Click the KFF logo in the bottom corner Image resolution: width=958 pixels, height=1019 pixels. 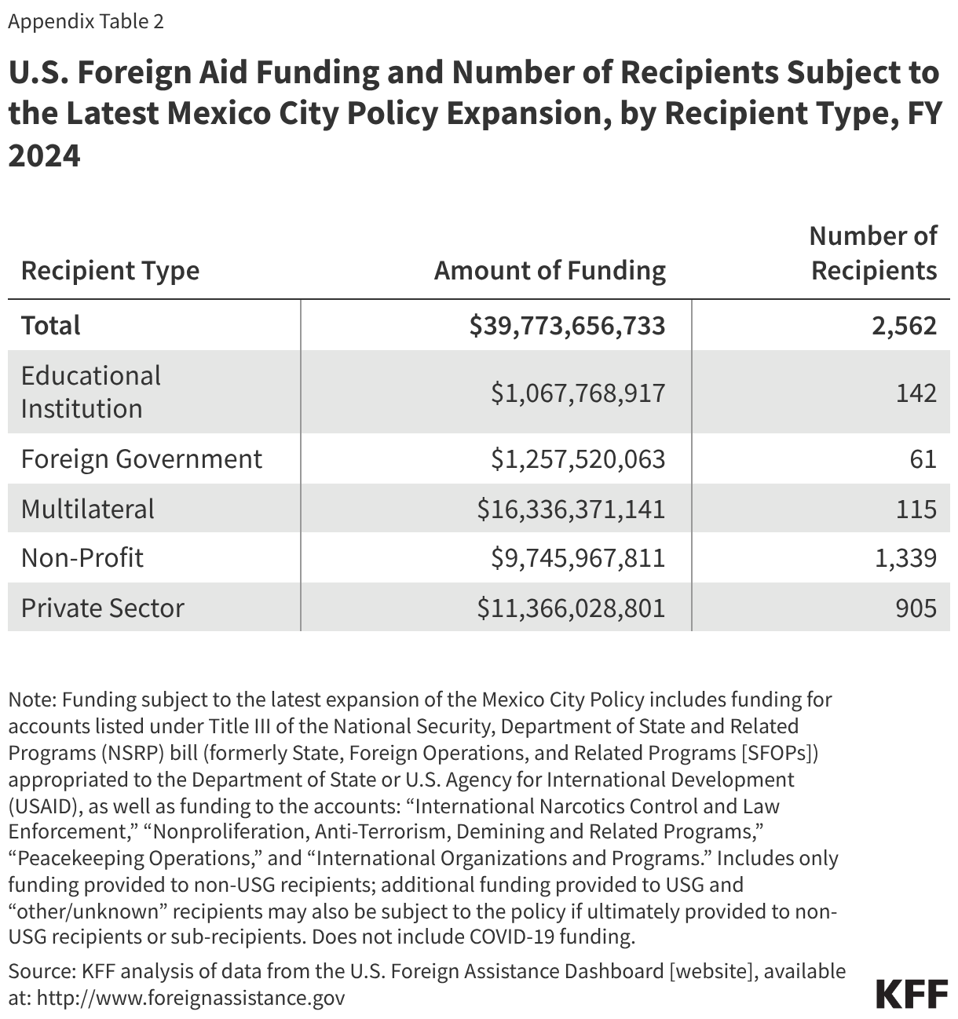pos(912,994)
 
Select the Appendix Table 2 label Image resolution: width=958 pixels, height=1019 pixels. pos(86,21)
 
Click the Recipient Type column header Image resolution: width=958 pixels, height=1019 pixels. pos(110,271)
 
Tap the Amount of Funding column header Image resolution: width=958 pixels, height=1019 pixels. pos(550,271)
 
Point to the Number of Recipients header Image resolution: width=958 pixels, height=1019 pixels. pos(873,253)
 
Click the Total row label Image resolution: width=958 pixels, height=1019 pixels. pos(51,325)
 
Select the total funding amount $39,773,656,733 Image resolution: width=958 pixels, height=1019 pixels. pos(567,325)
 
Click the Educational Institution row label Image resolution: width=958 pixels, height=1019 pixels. pos(91,392)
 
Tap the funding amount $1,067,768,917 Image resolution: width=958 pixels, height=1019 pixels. pos(578,393)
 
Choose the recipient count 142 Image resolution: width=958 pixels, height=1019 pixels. pos(916,393)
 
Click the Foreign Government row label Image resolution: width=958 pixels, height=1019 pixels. pos(141,458)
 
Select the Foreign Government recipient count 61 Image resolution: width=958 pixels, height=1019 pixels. pos(924,458)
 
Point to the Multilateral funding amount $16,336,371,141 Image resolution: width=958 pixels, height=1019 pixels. pos(571,509)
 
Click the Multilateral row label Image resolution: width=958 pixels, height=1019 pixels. pos(88,509)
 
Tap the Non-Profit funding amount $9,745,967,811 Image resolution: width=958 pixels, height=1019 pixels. pos(578,558)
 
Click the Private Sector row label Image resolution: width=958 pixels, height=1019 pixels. pos(103,608)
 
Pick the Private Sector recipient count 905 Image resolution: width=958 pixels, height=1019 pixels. pos(916,608)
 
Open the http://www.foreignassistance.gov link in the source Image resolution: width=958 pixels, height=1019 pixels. pos(191,998)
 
